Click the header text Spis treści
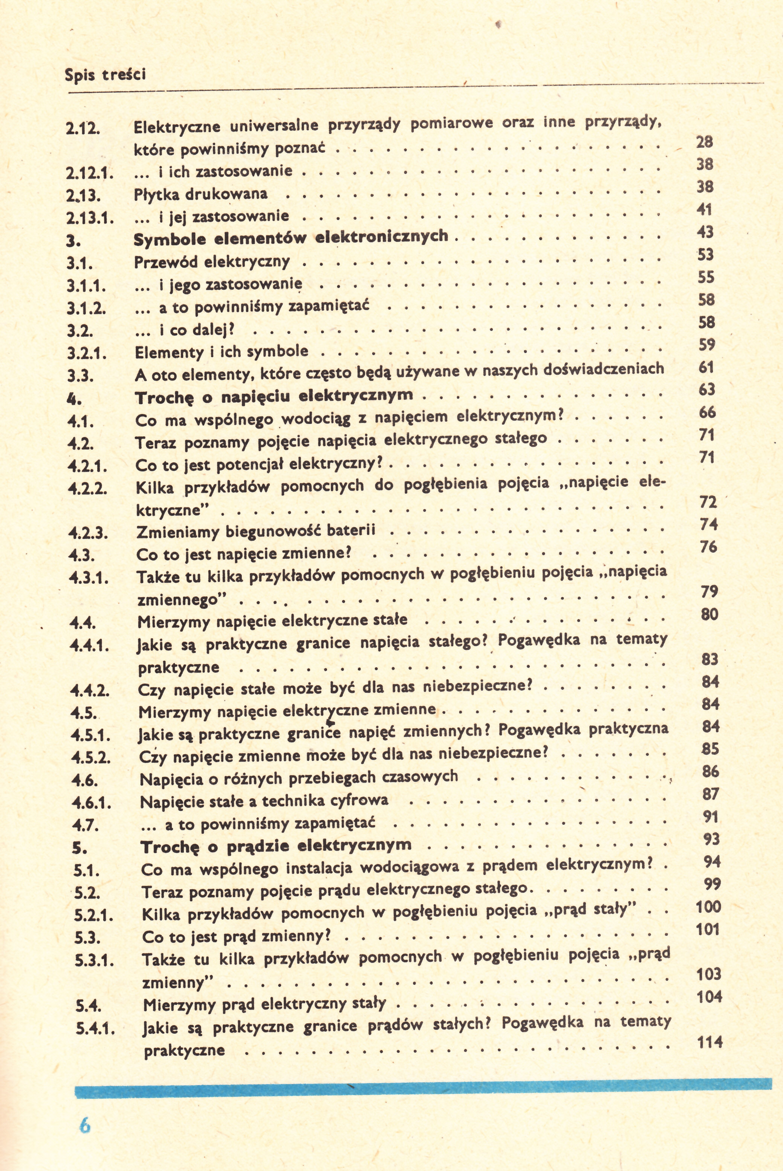point(106,75)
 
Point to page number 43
point(705,232)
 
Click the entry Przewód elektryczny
point(212,261)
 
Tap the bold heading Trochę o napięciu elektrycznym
point(274,396)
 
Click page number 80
point(709,614)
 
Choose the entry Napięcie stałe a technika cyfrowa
point(264,801)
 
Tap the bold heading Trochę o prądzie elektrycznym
point(276,846)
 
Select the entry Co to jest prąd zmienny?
point(237,936)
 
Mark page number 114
point(709,1042)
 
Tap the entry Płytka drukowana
point(201,194)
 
